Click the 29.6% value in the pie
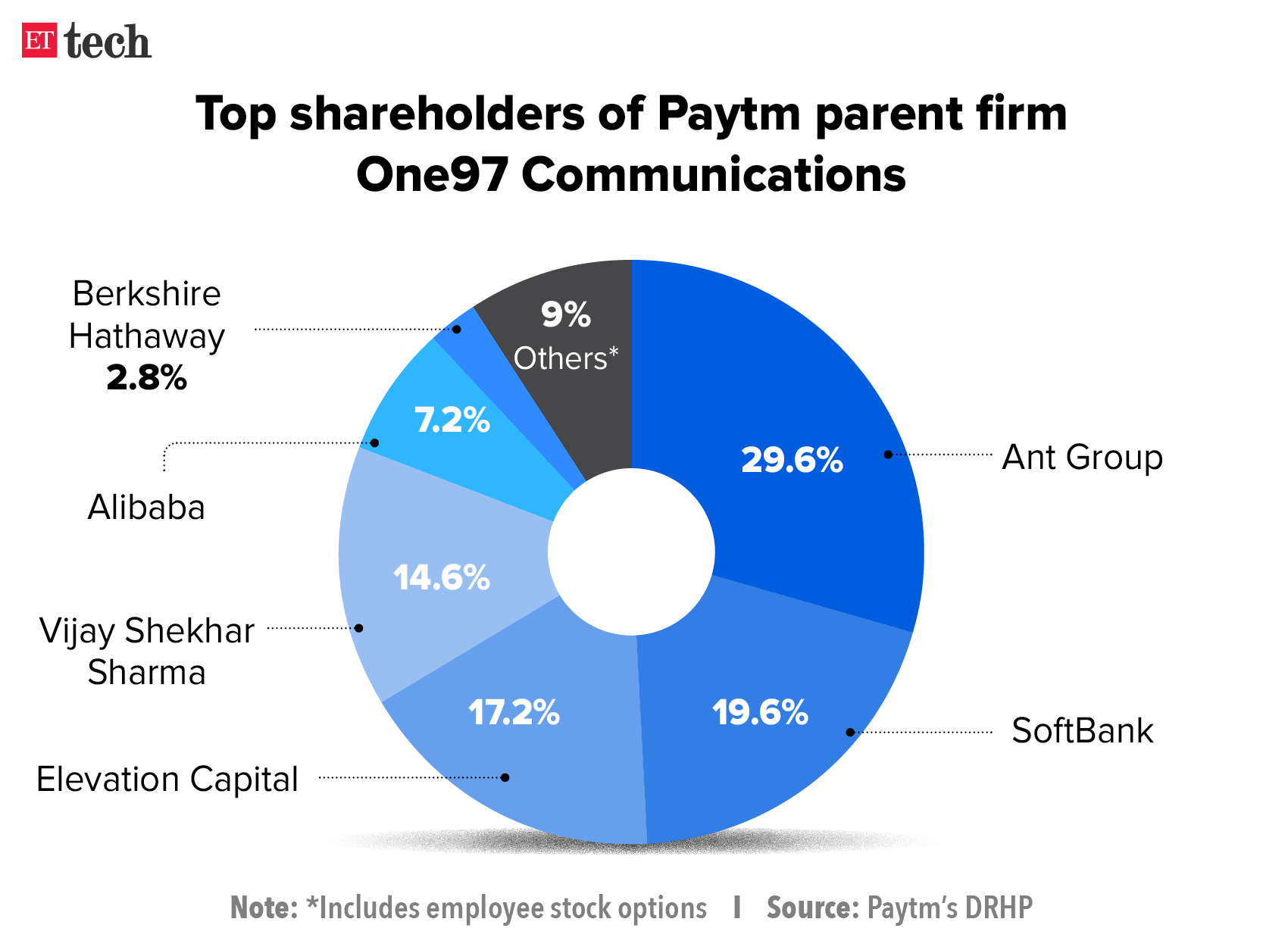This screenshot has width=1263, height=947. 792,460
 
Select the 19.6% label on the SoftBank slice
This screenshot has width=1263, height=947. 760,712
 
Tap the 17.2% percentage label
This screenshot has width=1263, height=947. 514,712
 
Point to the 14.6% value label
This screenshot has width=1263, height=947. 442,578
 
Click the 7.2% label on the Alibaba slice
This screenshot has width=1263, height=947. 452,420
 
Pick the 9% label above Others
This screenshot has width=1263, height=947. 565,314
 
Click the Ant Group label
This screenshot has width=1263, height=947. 1082,458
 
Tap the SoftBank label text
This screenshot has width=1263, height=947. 1082,731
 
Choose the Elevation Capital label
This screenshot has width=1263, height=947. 167,780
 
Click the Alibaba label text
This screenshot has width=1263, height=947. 146,508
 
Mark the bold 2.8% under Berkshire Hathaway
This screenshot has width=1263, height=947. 146,377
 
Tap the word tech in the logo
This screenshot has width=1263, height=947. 108,42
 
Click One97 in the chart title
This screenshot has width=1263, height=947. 431,174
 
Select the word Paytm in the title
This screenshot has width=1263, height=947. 728,114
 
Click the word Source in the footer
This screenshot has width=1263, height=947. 809,908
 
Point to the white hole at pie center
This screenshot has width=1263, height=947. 631,552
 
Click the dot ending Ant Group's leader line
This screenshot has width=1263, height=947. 888,455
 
